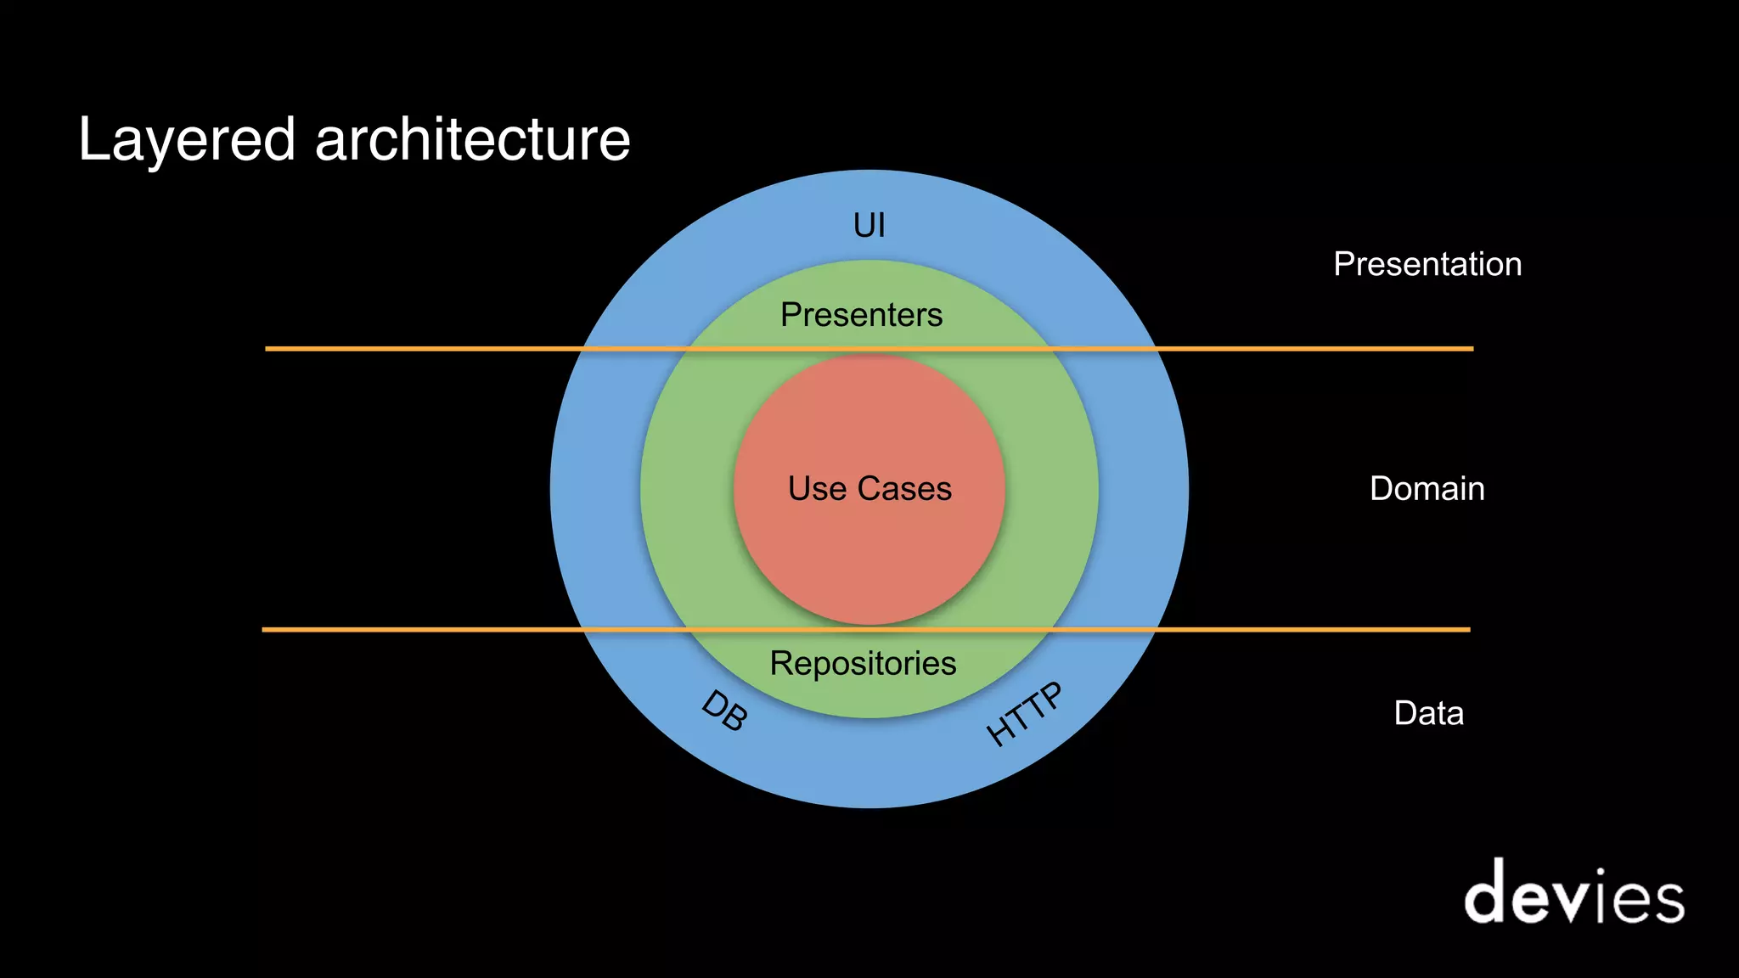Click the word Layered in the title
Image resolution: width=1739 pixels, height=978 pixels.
[187, 141]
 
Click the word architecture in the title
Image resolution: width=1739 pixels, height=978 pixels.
[473, 139]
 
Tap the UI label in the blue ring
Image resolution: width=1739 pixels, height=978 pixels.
[869, 226]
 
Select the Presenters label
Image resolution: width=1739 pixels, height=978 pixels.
[861, 315]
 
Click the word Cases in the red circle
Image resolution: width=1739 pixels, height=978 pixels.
[904, 489]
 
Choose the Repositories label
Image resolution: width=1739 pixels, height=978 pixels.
[863, 664]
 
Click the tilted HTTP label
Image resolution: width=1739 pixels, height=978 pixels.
[1024, 714]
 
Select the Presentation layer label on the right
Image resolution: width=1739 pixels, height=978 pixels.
[1427, 264]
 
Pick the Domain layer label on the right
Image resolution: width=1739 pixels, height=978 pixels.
[1427, 489]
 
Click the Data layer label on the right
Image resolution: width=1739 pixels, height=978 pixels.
[1428, 713]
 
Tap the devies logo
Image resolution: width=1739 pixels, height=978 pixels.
[1573, 893]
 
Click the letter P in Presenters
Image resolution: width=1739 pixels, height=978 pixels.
[791, 315]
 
